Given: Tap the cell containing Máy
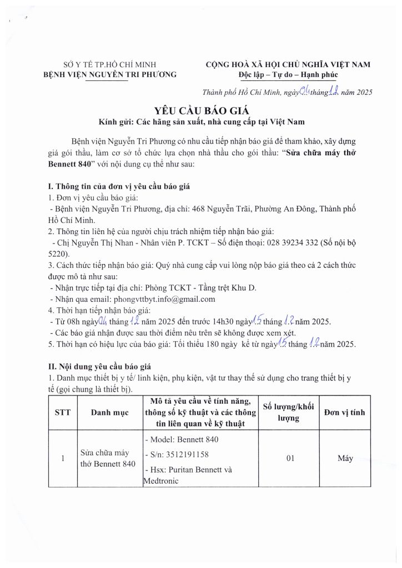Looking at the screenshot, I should pos(345,459).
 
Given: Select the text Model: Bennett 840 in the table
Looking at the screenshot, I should pos(182,439).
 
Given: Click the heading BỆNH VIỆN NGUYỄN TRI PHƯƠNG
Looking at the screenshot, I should pos(110,74).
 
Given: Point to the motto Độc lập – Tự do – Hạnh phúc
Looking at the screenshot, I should pos(287,74).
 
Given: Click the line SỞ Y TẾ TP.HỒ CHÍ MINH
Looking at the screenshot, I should pos(110,64).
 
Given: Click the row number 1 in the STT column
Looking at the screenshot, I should pos(63,459).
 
